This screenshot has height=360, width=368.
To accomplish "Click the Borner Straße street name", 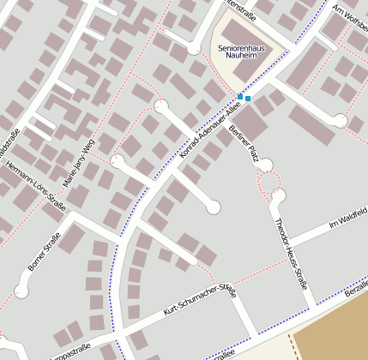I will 44,252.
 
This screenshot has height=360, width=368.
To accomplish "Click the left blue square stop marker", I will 240,96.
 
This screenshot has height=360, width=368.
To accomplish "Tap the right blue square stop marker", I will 248,99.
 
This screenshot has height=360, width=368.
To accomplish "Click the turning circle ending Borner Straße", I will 21,292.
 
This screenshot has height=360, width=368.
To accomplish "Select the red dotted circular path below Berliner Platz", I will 270,183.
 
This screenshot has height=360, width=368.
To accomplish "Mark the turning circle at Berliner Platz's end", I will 266,165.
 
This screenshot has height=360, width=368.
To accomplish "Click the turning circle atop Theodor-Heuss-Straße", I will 278,196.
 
